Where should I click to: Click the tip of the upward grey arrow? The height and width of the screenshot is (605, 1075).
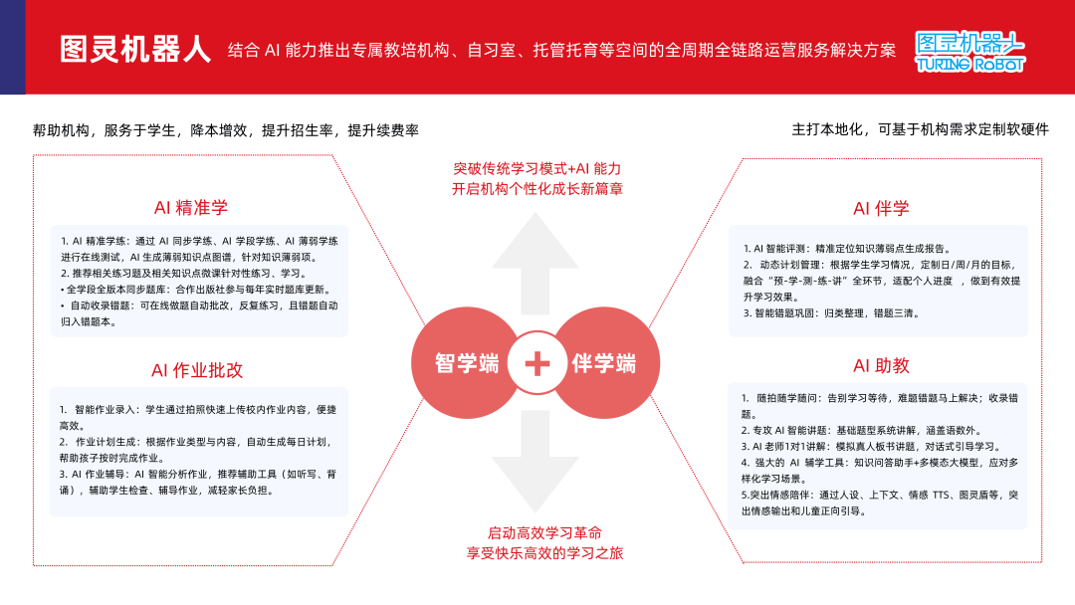click(x=536, y=212)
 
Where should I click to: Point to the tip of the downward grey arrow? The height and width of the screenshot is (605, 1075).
click(x=536, y=513)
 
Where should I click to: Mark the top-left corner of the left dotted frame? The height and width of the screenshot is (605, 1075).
click(x=34, y=155)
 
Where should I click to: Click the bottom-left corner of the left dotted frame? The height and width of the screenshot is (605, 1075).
click(x=34, y=565)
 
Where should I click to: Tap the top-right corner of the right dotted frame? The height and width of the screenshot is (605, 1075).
click(x=1041, y=159)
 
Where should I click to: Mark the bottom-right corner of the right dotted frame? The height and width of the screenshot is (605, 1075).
click(x=1041, y=562)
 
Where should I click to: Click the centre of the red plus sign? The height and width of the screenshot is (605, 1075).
click(x=537, y=363)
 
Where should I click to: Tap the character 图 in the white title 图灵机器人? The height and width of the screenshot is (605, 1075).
click(x=73, y=50)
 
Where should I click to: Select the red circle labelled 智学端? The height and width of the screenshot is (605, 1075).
click(x=467, y=362)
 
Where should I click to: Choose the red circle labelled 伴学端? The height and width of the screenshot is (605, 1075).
click(x=604, y=362)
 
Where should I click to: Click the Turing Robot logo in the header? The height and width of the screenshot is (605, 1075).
click(x=970, y=52)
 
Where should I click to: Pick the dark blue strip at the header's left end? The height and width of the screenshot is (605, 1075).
click(x=12, y=48)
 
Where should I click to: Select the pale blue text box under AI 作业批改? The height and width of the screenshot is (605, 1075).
click(x=199, y=452)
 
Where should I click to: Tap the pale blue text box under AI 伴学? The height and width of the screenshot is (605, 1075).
click(x=878, y=281)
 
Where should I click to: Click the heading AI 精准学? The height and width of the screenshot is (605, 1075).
click(x=190, y=208)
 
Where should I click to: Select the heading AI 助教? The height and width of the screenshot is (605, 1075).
click(x=881, y=366)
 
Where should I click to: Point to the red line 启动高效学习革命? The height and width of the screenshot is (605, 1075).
click(x=545, y=533)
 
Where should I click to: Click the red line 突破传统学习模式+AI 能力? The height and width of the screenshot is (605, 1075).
click(x=537, y=168)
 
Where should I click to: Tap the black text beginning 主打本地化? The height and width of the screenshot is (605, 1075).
click(x=920, y=129)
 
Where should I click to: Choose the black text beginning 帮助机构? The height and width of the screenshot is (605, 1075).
click(x=226, y=130)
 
